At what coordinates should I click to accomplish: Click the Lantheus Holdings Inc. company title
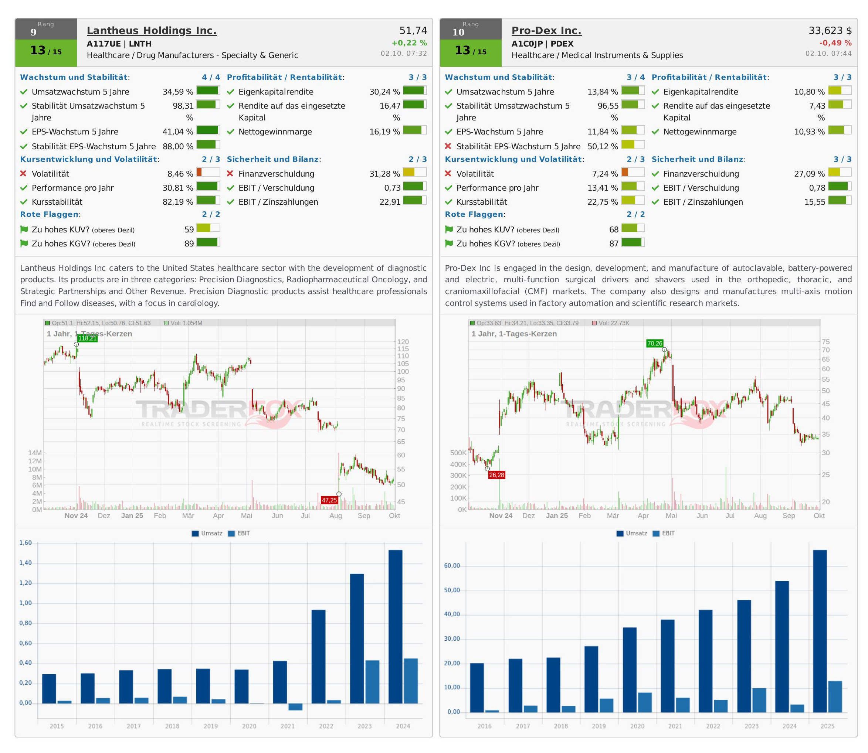[x=151, y=31]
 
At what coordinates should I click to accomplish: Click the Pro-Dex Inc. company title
[x=546, y=31]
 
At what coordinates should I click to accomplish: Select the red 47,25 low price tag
[x=329, y=500]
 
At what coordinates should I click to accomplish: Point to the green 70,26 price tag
[x=654, y=343]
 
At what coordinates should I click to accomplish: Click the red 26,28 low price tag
[x=496, y=475]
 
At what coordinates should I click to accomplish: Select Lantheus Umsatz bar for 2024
[x=395, y=626]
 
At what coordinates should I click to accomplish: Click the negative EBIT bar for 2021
[x=295, y=707]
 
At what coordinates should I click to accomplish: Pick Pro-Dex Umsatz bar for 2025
[x=820, y=630]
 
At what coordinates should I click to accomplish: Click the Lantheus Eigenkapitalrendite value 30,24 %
[x=384, y=92]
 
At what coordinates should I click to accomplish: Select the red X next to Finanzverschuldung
[x=230, y=174]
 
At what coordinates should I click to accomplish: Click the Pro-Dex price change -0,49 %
[x=835, y=43]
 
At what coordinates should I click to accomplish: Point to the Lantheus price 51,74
[x=413, y=31]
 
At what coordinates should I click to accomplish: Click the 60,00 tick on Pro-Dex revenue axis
[x=452, y=566]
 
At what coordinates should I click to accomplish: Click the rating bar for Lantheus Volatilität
[x=208, y=172]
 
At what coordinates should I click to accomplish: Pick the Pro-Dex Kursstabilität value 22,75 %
[x=602, y=202]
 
